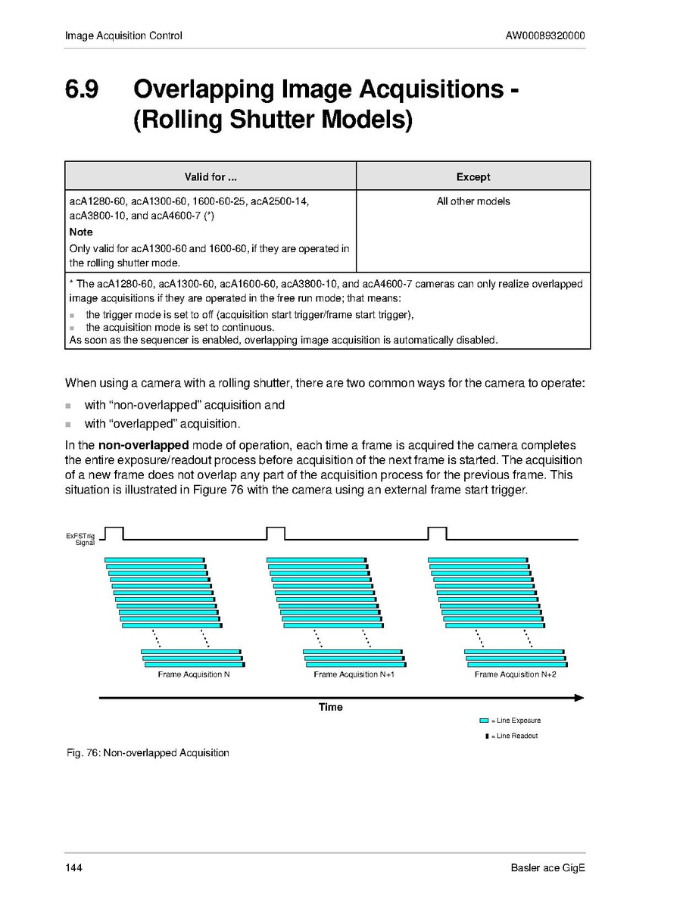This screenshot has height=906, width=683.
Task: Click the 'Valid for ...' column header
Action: pos(211,177)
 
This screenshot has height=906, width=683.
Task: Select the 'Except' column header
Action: pos(473,177)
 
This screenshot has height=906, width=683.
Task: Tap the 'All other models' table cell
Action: pos(473,201)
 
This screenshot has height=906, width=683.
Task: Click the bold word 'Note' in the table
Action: pos(81,232)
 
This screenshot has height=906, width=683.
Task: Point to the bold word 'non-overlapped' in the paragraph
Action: pos(143,445)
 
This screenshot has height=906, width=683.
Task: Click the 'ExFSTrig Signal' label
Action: pos(80,539)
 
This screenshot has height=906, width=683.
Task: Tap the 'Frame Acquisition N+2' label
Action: pos(515,674)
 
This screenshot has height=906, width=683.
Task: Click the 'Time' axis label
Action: pos(330,707)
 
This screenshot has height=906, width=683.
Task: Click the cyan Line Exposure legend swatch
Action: pos(484,721)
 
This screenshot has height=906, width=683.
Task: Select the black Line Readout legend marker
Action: pos(487,736)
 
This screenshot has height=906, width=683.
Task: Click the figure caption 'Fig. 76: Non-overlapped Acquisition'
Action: pos(147,753)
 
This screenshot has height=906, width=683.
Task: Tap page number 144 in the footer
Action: pos(73,867)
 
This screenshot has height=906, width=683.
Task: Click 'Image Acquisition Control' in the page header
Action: pos(123,36)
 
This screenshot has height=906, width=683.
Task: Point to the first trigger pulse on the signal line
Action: pos(114,533)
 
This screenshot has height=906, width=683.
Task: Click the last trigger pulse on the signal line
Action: pos(437,533)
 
